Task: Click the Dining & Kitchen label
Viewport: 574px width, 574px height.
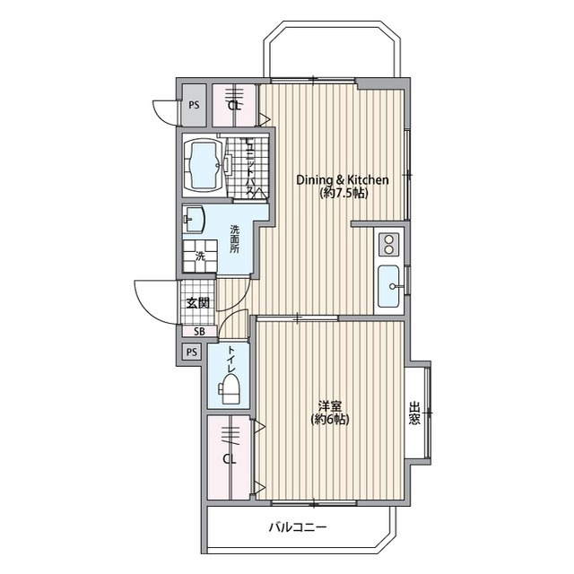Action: point(343,180)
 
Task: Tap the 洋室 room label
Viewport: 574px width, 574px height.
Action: point(330,406)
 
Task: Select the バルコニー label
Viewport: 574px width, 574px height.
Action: point(298,527)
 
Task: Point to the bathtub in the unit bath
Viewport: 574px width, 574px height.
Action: point(203,164)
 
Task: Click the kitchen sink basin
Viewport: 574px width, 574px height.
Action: point(388,286)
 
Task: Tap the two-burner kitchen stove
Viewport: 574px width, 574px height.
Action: point(388,244)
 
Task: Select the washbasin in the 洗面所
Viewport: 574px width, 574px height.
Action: point(194,219)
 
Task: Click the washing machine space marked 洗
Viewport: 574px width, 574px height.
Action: point(200,256)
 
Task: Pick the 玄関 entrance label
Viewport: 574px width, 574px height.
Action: point(198,303)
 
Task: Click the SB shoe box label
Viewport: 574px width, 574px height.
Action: point(199,332)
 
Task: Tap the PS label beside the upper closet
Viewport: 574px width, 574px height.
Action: point(194,105)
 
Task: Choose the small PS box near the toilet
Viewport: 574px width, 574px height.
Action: point(192,352)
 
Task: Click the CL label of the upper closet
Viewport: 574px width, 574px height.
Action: point(234,106)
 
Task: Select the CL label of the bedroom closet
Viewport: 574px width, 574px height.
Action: point(230,459)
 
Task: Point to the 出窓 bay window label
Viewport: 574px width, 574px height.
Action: point(414,413)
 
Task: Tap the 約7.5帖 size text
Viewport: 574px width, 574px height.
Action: point(344,193)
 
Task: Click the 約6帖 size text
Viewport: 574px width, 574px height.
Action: point(330,419)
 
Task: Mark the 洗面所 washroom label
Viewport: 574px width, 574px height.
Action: point(235,239)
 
